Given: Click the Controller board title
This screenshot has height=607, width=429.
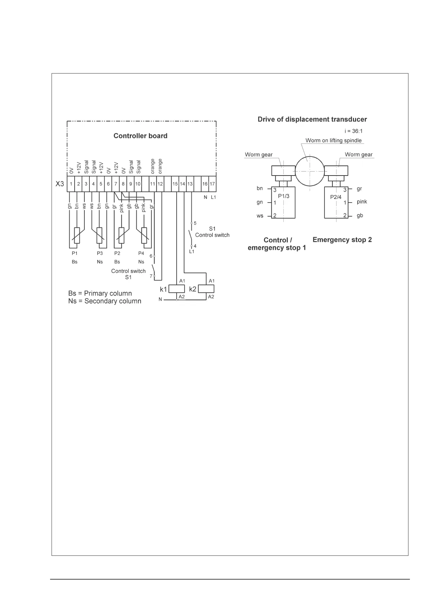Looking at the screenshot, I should click(140, 136).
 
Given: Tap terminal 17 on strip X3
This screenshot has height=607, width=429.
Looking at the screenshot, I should click(212, 184).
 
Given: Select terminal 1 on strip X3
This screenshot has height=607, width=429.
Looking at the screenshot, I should click(71, 184).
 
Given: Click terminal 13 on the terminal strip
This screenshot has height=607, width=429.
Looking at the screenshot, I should click(190, 184).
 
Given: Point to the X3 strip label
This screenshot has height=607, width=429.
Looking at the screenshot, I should click(59, 184).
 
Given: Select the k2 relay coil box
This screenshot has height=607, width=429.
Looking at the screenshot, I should click(206, 289).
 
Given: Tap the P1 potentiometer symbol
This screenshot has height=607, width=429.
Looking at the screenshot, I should click(77, 236).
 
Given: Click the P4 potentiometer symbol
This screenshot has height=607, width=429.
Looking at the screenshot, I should click(144, 236).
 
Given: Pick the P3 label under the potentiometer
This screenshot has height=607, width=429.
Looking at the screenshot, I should click(100, 253).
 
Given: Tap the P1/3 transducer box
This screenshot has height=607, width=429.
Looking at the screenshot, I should click(283, 202).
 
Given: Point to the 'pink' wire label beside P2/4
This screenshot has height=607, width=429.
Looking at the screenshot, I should click(362, 202).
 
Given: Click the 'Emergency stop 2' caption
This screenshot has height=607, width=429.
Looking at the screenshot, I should click(342, 240).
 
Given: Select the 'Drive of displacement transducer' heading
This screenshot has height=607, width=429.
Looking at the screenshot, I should click(312, 119).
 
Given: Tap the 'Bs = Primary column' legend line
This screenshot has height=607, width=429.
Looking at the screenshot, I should click(100, 293).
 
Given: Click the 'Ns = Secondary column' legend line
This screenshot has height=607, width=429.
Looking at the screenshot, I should click(105, 301).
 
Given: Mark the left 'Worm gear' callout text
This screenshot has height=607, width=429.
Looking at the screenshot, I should click(258, 155).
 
